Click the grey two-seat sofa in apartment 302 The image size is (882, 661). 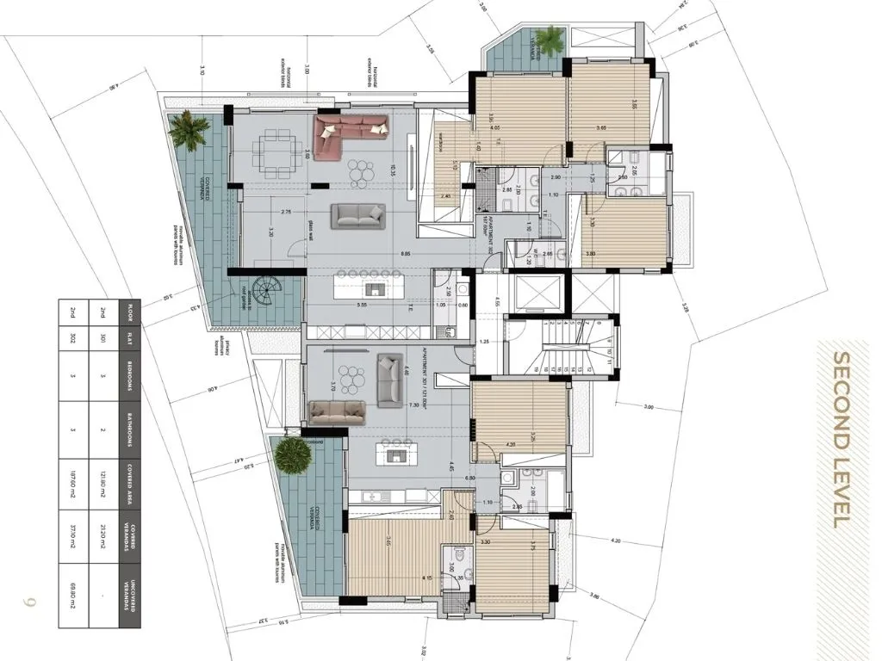point(357,215)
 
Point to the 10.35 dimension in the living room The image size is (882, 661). point(391,169)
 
